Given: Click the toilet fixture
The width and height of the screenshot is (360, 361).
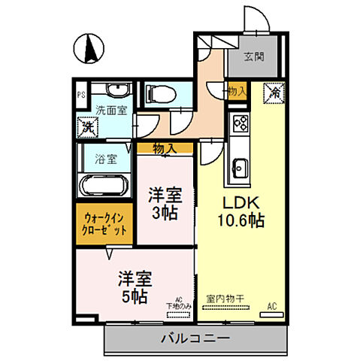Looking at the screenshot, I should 158,94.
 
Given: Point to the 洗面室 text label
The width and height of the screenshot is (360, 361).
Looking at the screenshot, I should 110,110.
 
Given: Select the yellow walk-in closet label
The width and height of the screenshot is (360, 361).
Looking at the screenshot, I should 104,223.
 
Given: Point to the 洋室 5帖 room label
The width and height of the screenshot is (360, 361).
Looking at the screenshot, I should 135,287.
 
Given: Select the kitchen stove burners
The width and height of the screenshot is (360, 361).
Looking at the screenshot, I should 241,123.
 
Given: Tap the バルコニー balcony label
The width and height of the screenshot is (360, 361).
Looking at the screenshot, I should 195,339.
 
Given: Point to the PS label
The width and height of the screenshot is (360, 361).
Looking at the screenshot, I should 80,95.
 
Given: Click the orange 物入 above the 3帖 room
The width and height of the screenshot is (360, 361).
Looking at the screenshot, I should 165,149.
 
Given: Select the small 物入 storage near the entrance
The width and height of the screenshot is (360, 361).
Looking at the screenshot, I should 236,90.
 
